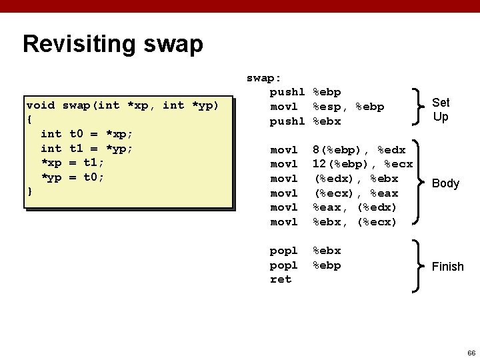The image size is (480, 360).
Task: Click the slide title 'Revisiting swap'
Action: [113, 45]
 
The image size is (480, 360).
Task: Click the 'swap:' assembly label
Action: [264, 78]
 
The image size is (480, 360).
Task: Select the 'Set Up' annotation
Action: [441, 109]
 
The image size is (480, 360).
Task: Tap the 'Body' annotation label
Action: [445, 183]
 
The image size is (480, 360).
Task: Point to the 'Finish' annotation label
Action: [447, 267]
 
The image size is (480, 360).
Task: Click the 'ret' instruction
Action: [281, 279]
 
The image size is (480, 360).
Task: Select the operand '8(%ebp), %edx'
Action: [357, 150]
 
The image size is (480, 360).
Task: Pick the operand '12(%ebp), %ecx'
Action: [363, 164]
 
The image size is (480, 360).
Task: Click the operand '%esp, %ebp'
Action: [349, 107]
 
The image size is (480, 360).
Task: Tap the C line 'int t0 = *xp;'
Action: [87, 134]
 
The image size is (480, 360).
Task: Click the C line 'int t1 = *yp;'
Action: [87, 149]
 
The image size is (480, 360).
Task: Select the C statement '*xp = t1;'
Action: [72, 163]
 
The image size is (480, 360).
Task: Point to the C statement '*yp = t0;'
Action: [72, 177]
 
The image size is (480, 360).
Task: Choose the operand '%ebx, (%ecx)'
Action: [355, 222]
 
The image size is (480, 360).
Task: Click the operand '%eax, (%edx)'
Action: [355, 207]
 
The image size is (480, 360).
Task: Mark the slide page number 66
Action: [471, 352]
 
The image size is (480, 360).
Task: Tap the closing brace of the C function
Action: [29, 192]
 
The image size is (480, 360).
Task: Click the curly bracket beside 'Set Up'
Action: [419, 107]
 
